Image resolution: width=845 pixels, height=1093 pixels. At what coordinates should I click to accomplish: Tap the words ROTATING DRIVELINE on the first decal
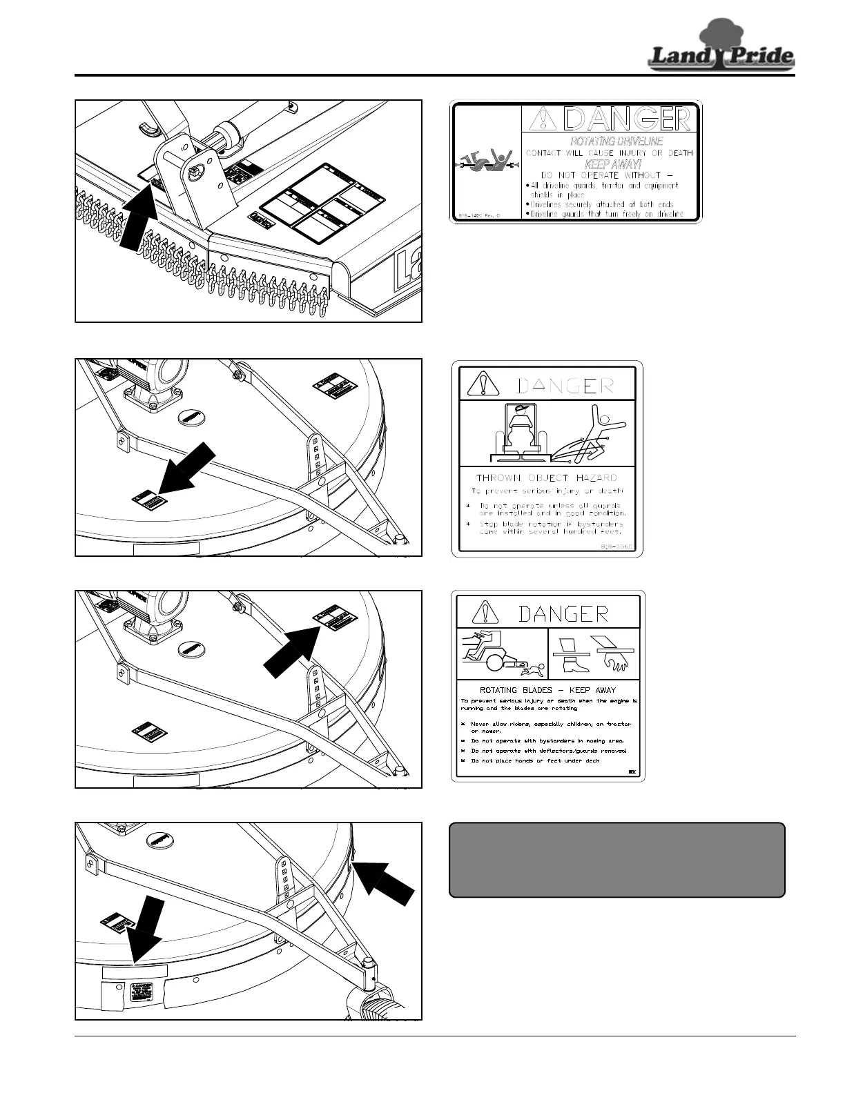coord(616,141)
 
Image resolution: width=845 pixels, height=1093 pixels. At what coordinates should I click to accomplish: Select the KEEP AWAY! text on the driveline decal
coord(613,164)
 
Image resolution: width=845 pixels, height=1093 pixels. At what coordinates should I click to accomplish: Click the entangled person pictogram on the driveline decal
coord(486,165)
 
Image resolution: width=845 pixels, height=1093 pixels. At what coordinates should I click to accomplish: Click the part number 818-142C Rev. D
coord(478,215)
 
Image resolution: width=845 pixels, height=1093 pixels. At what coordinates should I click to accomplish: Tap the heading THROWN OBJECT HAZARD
coord(546,477)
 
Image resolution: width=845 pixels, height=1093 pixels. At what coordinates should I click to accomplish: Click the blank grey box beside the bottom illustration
coord(616,859)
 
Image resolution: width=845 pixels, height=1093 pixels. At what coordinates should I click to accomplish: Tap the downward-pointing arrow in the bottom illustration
coord(147,931)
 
